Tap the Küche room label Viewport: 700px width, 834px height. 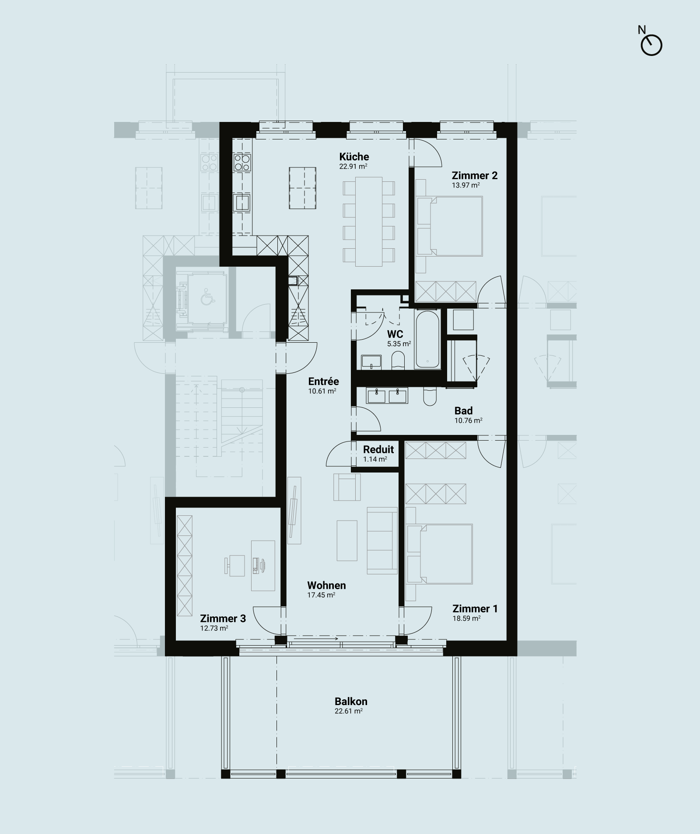354,156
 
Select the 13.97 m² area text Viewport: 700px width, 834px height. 466,185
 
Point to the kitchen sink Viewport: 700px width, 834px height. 242,203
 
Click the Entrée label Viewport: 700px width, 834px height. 323,382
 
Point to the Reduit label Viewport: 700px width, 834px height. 378,449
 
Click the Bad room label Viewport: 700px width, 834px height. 463,411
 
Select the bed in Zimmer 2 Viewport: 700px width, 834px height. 449,226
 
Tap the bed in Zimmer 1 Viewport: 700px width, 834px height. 439,554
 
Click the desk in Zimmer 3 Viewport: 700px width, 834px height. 263,564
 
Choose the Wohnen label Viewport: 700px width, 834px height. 326,585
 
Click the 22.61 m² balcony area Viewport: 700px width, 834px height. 349,711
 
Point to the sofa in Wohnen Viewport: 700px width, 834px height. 382,540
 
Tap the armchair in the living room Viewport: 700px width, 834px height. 347,486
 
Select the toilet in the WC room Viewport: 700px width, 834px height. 397,361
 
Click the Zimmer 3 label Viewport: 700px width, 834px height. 223,619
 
